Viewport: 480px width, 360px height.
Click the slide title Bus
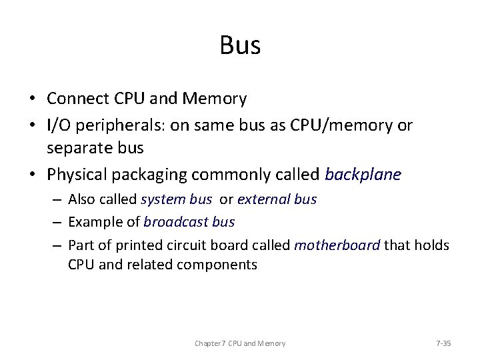pos(240,45)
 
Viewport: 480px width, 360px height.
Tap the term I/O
pos(59,125)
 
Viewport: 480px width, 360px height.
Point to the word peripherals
pos(119,126)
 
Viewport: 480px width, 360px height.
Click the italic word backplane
pos(363,175)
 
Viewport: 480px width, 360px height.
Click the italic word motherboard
pos(337,245)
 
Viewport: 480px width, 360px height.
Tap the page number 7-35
pos(443,343)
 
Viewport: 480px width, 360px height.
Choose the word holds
pos(432,245)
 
